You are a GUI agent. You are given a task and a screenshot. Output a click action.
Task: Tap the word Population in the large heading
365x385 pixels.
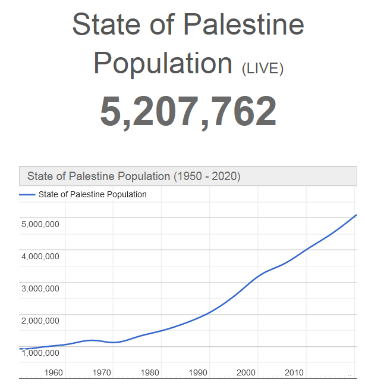(x=162, y=63)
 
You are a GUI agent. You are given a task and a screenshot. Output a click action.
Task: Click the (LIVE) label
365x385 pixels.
(x=263, y=68)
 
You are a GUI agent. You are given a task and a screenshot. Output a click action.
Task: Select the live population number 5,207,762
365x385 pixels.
(x=188, y=111)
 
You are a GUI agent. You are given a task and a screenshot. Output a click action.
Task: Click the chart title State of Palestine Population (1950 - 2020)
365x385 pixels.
(x=134, y=176)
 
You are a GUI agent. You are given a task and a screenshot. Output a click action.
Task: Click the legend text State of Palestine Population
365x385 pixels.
(x=92, y=194)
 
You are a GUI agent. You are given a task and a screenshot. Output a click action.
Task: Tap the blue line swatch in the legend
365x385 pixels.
(x=27, y=195)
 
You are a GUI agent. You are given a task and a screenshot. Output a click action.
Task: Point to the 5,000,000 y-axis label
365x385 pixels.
(x=40, y=224)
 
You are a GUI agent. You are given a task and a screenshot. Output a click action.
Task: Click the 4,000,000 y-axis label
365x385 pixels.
(x=40, y=256)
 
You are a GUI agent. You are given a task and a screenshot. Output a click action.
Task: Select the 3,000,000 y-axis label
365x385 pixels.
(x=40, y=288)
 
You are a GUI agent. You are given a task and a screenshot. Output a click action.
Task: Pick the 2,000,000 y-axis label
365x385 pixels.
(x=40, y=321)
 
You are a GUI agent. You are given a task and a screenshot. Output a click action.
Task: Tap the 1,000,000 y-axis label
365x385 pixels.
(x=40, y=353)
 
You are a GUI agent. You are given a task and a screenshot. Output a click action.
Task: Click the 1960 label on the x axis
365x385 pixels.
(x=54, y=372)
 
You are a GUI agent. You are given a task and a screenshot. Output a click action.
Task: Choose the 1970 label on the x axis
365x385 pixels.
(x=102, y=372)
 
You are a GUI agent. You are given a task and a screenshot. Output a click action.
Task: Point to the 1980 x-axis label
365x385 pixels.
(x=150, y=372)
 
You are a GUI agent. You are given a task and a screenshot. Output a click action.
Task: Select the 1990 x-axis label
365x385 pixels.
(x=198, y=372)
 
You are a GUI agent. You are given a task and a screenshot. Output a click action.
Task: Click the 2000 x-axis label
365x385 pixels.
(x=246, y=372)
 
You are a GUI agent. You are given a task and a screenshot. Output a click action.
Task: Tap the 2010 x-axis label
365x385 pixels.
(x=294, y=372)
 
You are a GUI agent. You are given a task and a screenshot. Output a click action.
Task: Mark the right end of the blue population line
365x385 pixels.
(x=356, y=215)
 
